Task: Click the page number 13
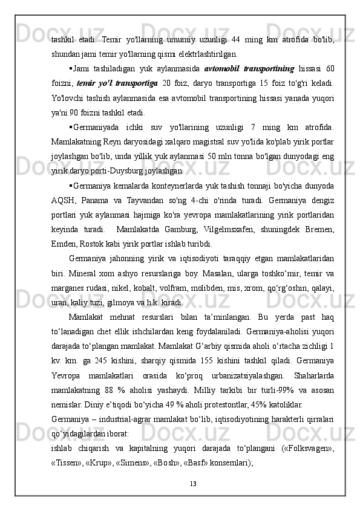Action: tap(180, 482)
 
